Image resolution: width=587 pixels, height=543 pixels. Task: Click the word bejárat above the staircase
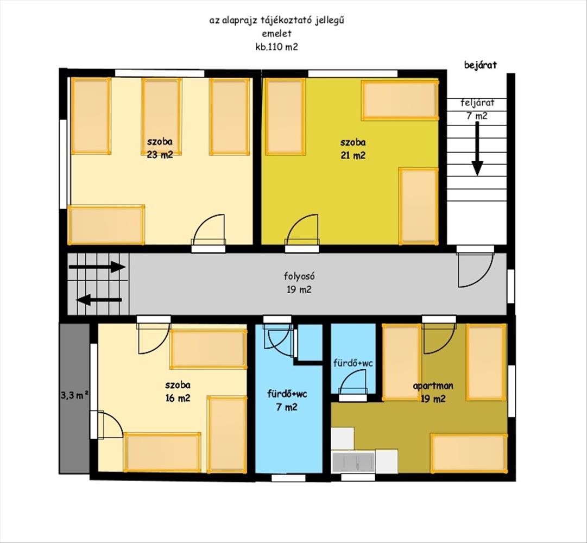point(481,65)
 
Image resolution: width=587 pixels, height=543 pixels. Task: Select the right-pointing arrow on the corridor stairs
point(97,267)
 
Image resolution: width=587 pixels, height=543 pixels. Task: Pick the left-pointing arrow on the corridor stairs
point(99,299)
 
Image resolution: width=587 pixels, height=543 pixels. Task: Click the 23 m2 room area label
point(160,155)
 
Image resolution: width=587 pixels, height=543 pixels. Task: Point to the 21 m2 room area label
point(353,155)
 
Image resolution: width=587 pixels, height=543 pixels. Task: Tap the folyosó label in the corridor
point(299,276)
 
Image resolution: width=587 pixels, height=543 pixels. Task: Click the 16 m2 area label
point(178,398)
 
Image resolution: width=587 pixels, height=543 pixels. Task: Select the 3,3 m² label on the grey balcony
point(74,395)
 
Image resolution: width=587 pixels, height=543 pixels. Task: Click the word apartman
point(433,386)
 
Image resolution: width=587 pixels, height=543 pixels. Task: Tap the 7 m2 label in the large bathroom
point(287,407)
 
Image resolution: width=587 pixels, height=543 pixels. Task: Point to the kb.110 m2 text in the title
point(276,47)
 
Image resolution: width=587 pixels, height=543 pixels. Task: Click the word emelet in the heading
point(276,33)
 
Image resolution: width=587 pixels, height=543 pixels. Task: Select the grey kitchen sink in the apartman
point(354,463)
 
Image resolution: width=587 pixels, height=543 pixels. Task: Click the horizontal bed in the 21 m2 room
point(400,100)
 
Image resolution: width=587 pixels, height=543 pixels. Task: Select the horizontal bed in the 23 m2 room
point(106,225)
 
